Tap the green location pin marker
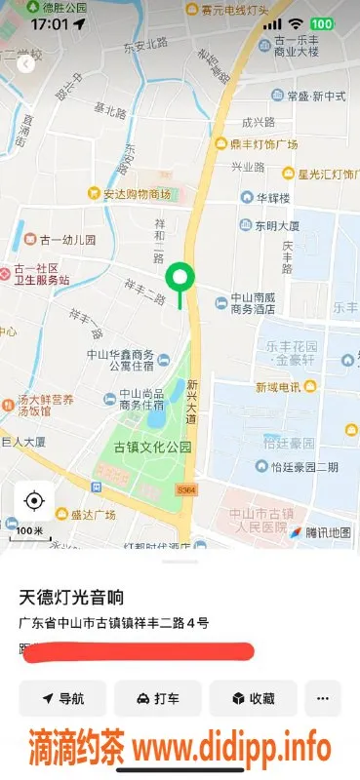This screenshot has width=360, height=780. pos(179,278)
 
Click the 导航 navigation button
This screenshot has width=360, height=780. pos(62,698)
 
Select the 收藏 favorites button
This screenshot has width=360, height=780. pos(253,698)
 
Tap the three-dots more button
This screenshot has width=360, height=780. pos(323,698)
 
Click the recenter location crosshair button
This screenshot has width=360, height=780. pos(34,501)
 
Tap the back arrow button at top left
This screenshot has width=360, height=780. pos(25,64)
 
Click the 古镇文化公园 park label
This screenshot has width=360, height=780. pos(152,448)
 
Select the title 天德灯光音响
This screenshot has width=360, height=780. pos(73,596)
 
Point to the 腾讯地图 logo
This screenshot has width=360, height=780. pos(319,533)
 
